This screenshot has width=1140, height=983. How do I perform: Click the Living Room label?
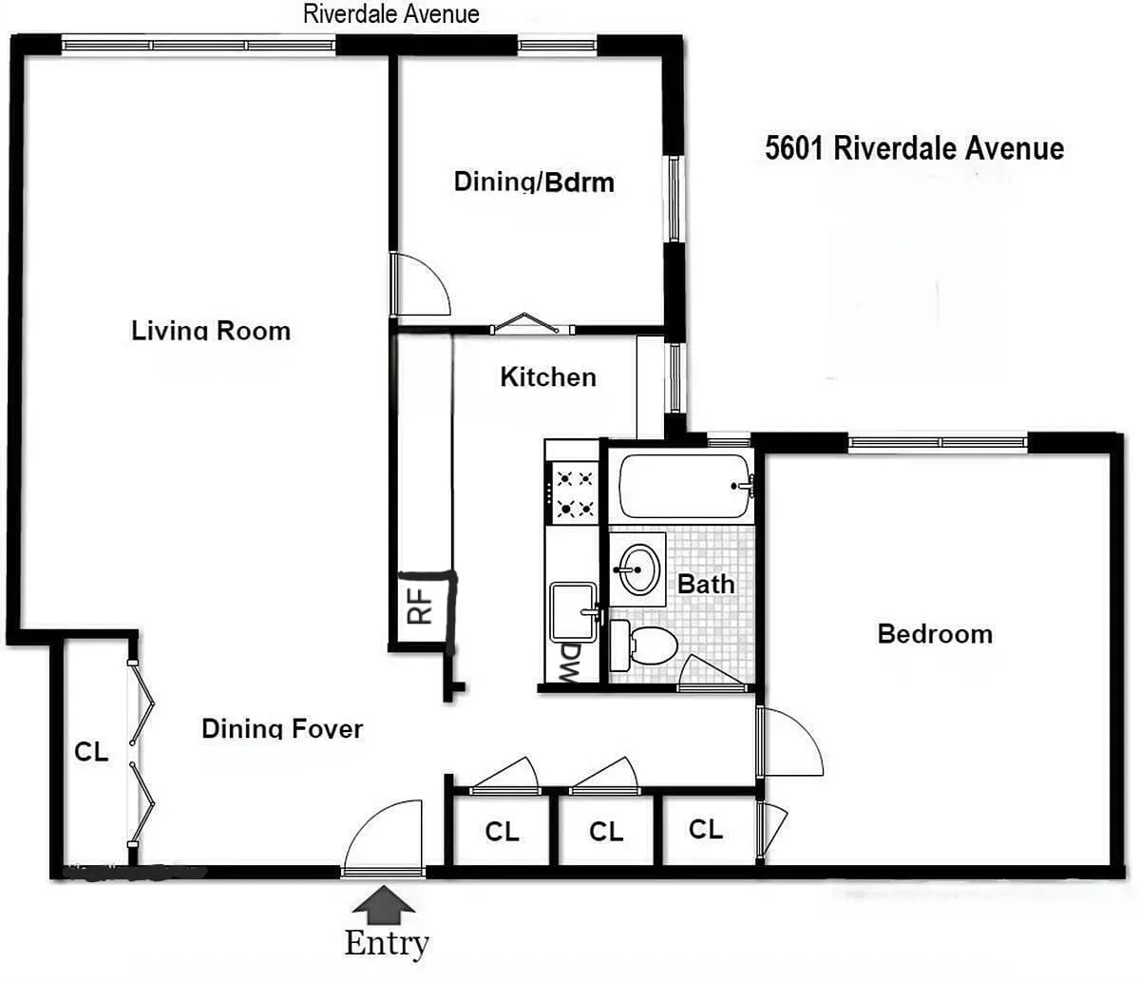(211, 331)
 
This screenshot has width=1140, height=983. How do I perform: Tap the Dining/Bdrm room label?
(534, 182)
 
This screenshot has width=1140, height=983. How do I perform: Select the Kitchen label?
(548, 377)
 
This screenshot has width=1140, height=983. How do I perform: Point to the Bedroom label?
(935, 634)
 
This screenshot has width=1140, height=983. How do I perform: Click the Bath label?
(706, 584)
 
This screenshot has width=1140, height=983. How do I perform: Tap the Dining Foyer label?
(282, 729)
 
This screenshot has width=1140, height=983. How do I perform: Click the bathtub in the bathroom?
(684, 486)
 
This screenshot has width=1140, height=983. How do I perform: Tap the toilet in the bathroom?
(646, 646)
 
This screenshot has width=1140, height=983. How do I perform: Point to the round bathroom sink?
(637, 569)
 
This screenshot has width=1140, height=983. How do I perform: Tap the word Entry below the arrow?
(387, 943)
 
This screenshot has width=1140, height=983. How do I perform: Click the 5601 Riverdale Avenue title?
(914, 149)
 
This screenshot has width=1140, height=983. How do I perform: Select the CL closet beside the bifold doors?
(91, 752)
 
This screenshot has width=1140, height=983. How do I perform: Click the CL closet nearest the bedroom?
(705, 829)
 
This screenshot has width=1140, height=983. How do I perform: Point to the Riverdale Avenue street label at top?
(390, 13)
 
